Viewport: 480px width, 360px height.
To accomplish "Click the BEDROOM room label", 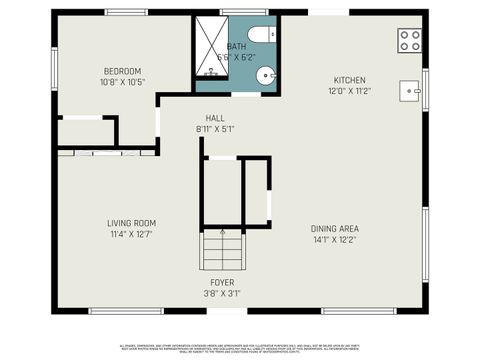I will (x=123, y=71).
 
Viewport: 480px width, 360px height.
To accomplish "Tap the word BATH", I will (x=236, y=46).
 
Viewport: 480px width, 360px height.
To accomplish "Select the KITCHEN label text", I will (x=349, y=80).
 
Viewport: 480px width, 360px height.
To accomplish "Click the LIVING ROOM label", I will (x=131, y=223).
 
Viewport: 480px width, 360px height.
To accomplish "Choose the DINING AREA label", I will (x=335, y=229).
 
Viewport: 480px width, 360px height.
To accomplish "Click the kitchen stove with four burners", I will (x=410, y=40).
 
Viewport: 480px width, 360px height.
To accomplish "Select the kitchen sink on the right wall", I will (x=410, y=92).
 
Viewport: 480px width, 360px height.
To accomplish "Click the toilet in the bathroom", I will (x=259, y=36).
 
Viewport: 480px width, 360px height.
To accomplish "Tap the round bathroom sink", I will (x=266, y=74).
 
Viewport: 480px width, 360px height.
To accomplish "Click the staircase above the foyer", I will (x=223, y=246).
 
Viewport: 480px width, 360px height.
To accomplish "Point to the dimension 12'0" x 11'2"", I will (x=349, y=91).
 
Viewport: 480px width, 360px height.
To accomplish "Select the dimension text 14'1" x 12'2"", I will (x=335, y=240).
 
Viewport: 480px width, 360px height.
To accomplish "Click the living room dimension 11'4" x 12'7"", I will (x=131, y=234).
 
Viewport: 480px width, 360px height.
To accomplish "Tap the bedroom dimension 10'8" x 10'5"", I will (x=123, y=82).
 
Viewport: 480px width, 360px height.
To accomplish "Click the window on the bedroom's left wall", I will (x=55, y=66).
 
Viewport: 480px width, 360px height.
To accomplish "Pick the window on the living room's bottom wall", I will (x=125, y=311).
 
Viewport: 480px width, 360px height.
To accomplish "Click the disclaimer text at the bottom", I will (x=240, y=348).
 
